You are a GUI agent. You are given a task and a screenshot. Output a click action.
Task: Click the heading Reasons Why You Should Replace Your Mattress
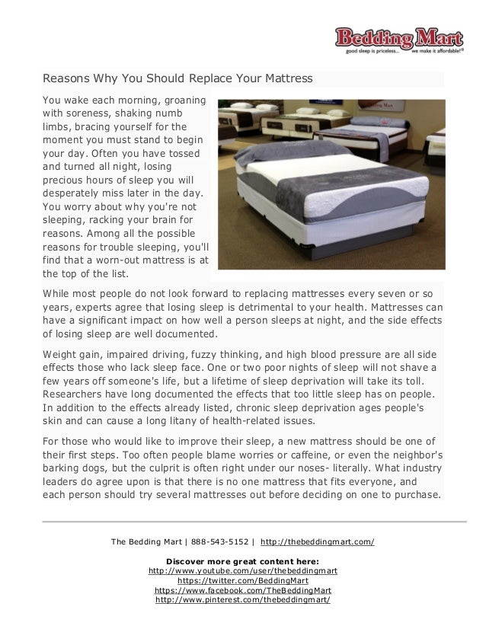(177, 79)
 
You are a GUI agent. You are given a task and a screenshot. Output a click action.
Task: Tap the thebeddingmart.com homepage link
(317, 542)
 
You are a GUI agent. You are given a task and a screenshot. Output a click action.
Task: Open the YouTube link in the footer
(243, 570)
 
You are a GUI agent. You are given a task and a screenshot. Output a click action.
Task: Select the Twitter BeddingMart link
(242, 580)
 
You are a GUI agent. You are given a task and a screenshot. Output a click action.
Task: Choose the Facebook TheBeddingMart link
(242, 590)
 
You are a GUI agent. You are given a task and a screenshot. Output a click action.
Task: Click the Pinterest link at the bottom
(242, 600)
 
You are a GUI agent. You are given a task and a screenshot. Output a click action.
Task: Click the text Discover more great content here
(242, 560)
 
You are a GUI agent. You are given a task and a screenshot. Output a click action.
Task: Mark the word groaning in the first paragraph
(181, 101)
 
